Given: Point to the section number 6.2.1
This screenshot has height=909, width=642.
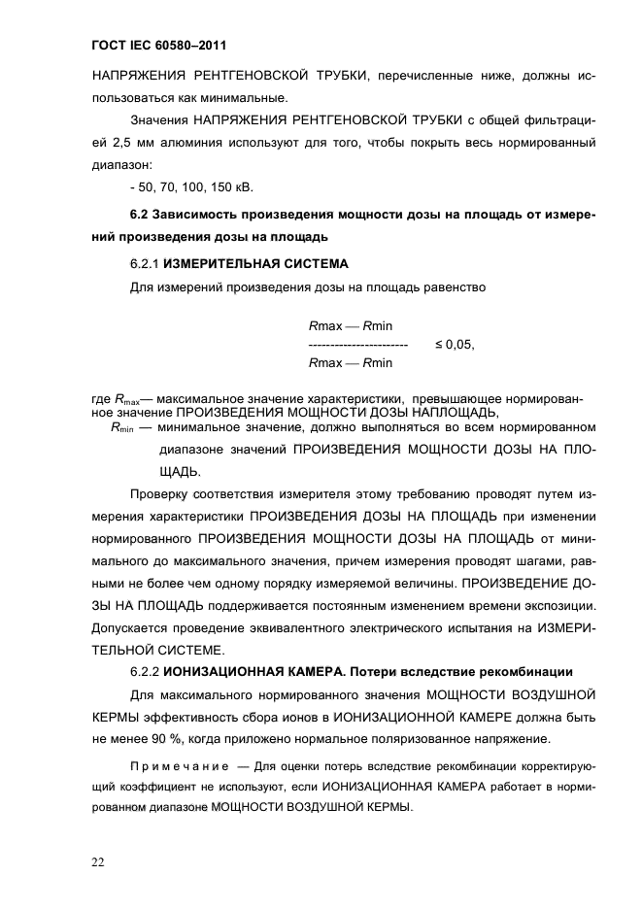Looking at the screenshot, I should [145, 263].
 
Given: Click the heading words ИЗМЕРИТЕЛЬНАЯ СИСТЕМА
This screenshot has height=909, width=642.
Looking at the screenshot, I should [254, 263].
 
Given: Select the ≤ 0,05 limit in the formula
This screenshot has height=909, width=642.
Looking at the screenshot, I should [454, 344].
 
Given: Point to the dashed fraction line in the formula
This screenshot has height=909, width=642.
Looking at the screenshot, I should [356, 345].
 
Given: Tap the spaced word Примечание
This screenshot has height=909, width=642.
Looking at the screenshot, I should [179, 765].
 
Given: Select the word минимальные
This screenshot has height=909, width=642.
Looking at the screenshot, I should [244, 97].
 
